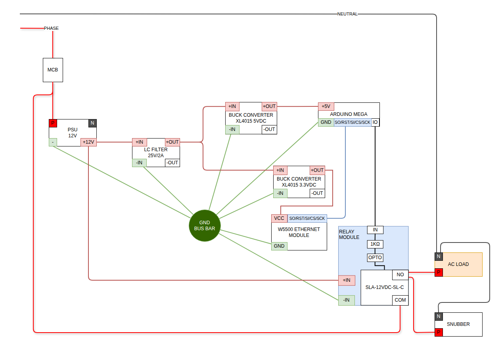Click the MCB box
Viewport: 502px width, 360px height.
point(53,70)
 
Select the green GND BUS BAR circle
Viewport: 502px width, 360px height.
point(205,225)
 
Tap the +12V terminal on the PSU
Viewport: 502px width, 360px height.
point(88,142)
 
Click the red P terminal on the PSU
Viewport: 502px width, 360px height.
point(53,123)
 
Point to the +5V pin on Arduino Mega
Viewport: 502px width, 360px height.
point(326,106)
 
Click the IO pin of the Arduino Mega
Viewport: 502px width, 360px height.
point(375,122)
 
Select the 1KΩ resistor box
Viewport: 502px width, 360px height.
point(375,244)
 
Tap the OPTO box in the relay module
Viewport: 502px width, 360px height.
point(375,258)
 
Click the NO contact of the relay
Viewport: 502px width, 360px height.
point(400,275)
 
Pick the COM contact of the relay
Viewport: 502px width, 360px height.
point(400,300)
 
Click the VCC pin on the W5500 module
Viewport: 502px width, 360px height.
point(279,218)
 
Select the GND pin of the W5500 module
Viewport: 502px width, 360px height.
point(279,246)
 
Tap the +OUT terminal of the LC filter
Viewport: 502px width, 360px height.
point(172,142)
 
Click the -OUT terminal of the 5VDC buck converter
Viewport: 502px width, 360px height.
point(269,129)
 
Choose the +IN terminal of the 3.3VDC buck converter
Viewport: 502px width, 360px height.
point(280,170)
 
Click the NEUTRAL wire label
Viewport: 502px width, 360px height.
point(347,14)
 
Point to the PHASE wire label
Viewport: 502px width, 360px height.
point(51,28)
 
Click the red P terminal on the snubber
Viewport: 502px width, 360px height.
point(439,332)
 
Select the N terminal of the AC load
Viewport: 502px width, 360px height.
point(439,256)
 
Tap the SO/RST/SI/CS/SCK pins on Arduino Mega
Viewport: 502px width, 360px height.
point(353,122)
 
